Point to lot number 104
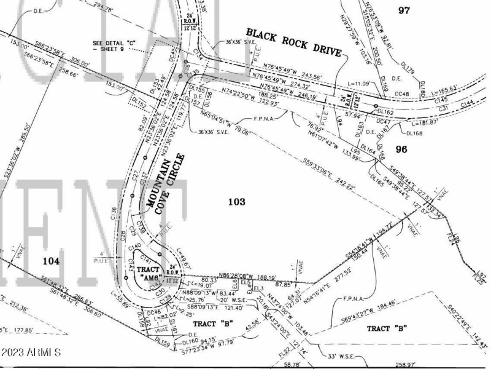[x=51, y=261]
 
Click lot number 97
[x=403, y=10]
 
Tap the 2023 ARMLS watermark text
[x=31, y=353]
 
